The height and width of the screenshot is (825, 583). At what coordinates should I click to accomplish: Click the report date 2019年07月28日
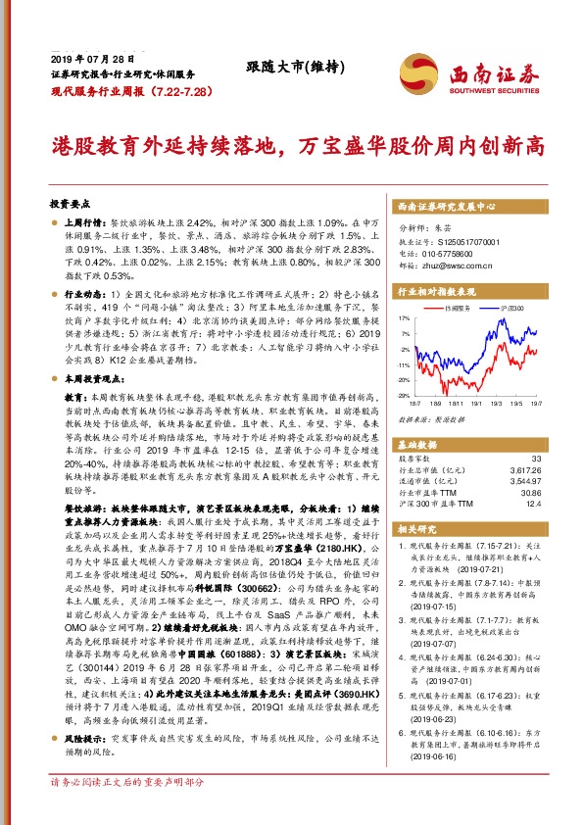[x=86, y=59]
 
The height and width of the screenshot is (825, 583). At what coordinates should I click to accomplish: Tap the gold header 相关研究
[x=416, y=528]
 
